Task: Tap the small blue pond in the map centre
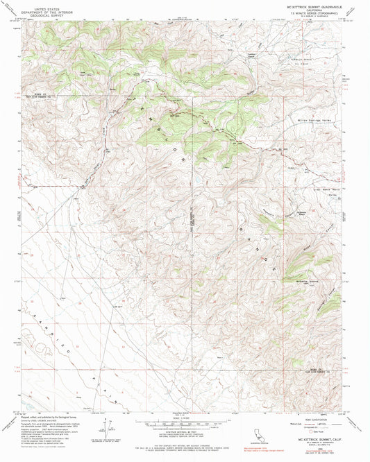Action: click(196, 178)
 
